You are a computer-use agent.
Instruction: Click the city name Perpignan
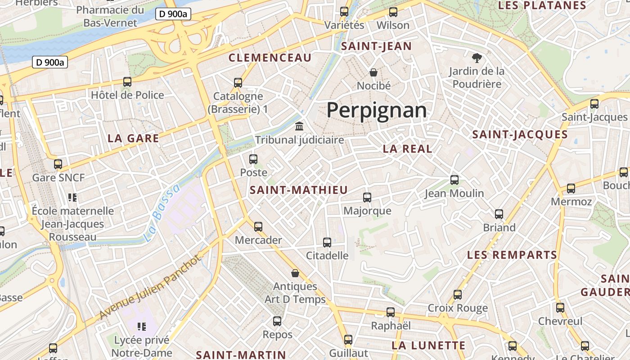pyautogui.click(x=376, y=110)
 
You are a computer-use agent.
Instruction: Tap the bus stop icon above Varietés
pyautogui.click(x=344, y=12)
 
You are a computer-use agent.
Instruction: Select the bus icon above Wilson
pyautogui.click(x=393, y=12)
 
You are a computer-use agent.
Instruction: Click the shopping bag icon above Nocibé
pyautogui.click(x=373, y=72)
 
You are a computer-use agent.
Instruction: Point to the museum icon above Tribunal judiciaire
pyautogui.click(x=299, y=126)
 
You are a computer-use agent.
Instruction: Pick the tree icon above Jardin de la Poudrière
pyautogui.click(x=477, y=58)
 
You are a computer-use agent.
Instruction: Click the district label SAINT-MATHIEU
pyautogui.click(x=299, y=190)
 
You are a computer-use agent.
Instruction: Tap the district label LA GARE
pyautogui.click(x=133, y=138)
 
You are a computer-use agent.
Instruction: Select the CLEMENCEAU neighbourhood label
pyautogui.click(x=270, y=58)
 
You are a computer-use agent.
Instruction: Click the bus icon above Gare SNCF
pyautogui.click(x=58, y=164)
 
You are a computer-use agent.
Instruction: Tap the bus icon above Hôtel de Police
pyautogui.click(x=127, y=81)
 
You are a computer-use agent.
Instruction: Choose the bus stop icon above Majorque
pyautogui.click(x=367, y=197)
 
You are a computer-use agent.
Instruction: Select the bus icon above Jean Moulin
pyautogui.click(x=454, y=180)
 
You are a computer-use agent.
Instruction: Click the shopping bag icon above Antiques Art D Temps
pyautogui.click(x=295, y=273)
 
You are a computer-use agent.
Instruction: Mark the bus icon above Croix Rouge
pyautogui.click(x=458, y=295)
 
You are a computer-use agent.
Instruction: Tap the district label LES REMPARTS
pyautogui.click(x=512, y=255)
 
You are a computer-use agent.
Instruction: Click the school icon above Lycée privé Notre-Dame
pyautogui.click(x=142, y=327)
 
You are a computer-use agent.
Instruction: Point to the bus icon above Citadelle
pyautogui.click(x=327, y=242)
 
